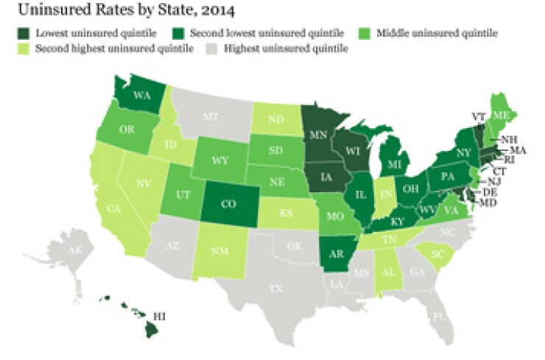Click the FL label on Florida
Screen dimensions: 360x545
[439, 317]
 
